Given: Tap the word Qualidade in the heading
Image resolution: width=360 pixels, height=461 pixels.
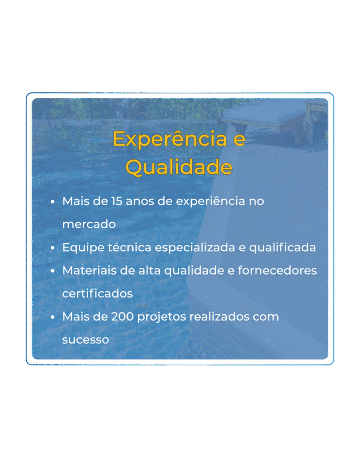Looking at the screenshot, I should click(x=179, y=167).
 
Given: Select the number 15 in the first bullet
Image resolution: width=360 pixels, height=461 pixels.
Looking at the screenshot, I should click(x=116, y=201).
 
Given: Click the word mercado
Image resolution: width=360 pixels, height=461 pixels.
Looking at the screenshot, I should click(x=89, y=224).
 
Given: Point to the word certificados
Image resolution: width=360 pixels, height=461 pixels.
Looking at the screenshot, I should click(x=97, y=294).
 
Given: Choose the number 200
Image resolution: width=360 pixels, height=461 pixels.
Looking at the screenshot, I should click(x=121, y=316).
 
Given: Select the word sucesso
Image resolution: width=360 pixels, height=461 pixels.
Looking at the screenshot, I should click(x=85, y=340).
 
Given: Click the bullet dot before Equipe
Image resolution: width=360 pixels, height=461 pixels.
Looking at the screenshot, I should click(x=53, y=248).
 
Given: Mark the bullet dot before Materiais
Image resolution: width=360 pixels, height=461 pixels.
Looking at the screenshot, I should click(x=53, y=271).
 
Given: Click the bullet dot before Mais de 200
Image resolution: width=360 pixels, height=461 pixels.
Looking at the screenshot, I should click(x=53, y=317).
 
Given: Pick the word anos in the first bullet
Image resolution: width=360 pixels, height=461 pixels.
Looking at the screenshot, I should click(x=140, y=201).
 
